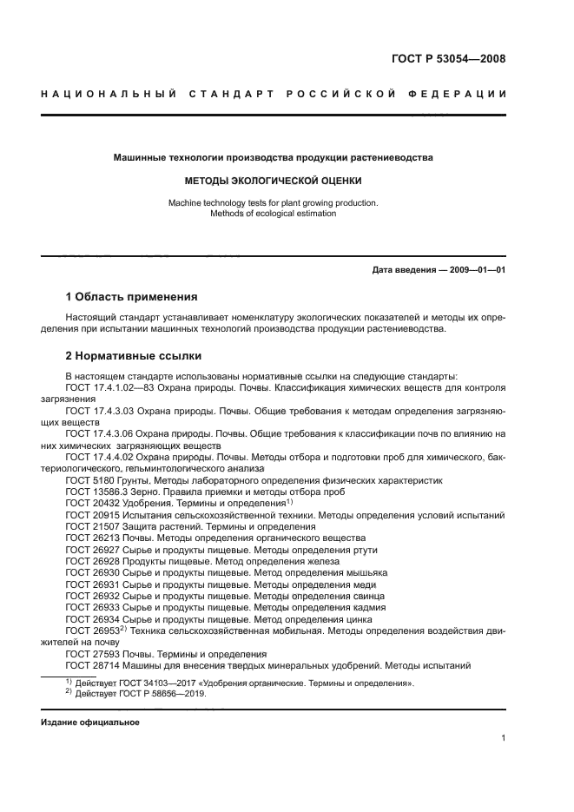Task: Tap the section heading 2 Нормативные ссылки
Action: [134, 356]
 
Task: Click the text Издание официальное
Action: [90, 723]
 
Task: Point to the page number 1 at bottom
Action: [503, 738]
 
